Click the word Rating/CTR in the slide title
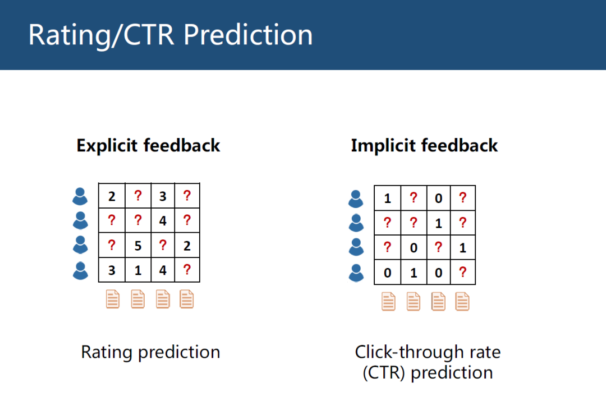pyautogui.click(x=101, y=35)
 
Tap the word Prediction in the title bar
pyautogui.click(x=248, y=35)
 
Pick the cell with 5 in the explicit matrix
pyautogui.click(x=138, y=246)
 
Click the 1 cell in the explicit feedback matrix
pyautogui.click(x=138, y=270)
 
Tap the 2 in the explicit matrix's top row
pyautogui.click(x=112, y=196)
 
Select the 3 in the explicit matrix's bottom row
pyautogui.click(x=112, y=270)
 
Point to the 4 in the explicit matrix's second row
pyautogui.click(x=163, y=220)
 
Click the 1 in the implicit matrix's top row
pyautogui.click(x=387, y=199)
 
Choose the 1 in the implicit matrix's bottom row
pyautogui.click(x=414, y=273)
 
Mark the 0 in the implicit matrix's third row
pyautogui.click(x=414, y=248)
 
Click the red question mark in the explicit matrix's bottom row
pyautogui.click(x=187, y=269)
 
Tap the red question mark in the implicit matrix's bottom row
pyautogui.click(x=462, y=272)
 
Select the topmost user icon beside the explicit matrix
pyautogui.click(x=80, y=196)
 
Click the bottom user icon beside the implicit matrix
pyautogui.click(x=356, y=273)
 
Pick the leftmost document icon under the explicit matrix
pyautogui.click(x=112, y=299)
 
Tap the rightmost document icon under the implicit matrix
pyautogui.click(x=462, y=301)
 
